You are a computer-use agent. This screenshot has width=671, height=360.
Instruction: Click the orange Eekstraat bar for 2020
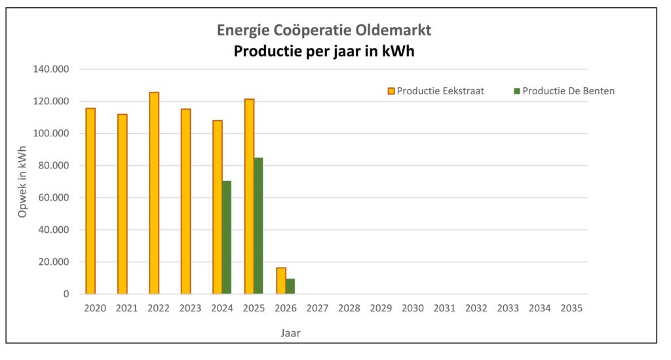[90, 201]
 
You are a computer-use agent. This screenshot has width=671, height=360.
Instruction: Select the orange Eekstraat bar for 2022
[154, 193]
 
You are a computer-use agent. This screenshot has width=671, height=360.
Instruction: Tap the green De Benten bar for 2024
[227, 237]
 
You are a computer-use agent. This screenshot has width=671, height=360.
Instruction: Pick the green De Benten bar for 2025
[258, 226]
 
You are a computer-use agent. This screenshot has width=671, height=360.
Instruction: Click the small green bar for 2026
[290, 287]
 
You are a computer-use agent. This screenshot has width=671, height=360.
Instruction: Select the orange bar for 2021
[123, 204]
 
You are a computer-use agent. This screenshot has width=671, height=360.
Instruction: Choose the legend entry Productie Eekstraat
[436, 91]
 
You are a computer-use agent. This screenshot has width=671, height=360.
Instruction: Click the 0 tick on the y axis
[66, 294]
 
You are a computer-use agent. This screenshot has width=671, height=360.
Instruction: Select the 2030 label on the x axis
[413, 308]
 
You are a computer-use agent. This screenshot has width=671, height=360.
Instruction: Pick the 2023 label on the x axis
[190, 308]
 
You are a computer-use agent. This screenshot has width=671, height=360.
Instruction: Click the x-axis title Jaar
[290, 333]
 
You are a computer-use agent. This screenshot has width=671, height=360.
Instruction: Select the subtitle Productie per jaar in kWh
[324, 52]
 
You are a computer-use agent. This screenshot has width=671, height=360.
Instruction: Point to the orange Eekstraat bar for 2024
[218, 207]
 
